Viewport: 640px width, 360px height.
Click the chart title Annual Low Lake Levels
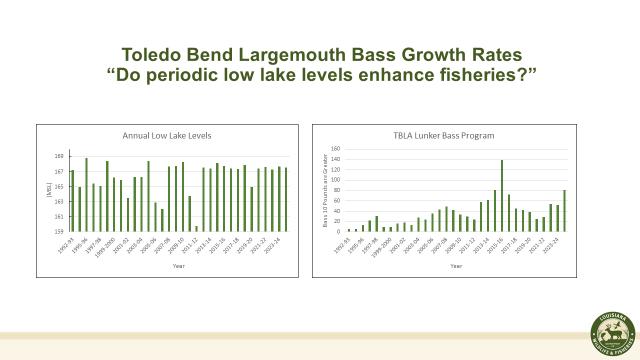pos(166,135)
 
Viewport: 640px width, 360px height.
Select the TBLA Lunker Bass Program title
pos(444,135)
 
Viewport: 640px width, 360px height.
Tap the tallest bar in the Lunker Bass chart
pos(501,195)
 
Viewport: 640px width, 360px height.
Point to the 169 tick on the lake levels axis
pos(59,156)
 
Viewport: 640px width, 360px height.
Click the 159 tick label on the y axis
pos(59,231)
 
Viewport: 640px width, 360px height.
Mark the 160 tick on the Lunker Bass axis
pos(335,149)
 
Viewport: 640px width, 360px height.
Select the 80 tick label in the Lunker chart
pos(336,190)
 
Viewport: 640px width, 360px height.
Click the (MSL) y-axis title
pos(49,190)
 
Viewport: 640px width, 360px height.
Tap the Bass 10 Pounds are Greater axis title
pos(324,190)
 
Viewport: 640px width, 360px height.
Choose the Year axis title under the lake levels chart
pos(178,266)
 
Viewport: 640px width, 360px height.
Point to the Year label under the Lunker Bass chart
pos(456,266)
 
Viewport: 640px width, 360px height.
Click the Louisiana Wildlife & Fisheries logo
pos(612,335)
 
